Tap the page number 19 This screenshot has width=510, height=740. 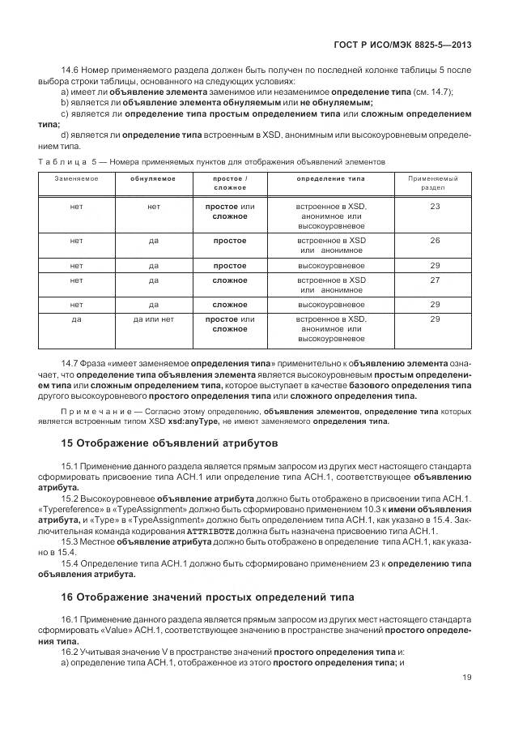pyautogui.click(x=467, y=678)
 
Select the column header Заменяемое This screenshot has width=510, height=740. pyautogui.click(x=77, y=178)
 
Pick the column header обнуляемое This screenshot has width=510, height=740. pyautogui.click(x=153, y=178)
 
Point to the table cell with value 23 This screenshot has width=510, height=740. pyautogui.click(x=434, y=207)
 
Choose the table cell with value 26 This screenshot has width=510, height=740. pyautogui.click(x=434, y=241)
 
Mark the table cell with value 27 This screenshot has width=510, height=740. pyautogui.click(x=434, y=280)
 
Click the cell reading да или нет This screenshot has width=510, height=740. pyautogui.click(x=153, y=319)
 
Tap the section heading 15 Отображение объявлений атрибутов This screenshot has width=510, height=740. pyautogui.click(x=170, y=444)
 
